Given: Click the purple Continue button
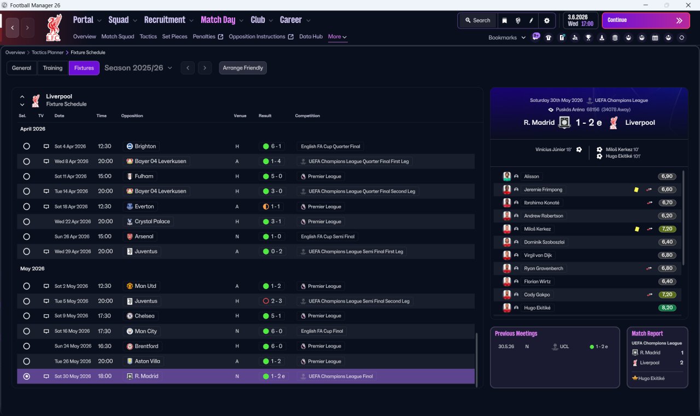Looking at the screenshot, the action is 646,20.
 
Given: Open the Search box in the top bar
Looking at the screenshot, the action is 477,20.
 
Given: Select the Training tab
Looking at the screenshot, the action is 52,68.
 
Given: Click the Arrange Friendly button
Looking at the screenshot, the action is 243,68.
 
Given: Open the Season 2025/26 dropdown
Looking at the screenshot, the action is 138,68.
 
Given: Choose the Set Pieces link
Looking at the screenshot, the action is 174,37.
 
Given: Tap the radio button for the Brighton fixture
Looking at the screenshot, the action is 27,146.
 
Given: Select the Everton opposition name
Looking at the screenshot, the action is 144,206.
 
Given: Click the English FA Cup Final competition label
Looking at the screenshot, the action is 322,331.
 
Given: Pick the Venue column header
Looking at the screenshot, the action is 240,115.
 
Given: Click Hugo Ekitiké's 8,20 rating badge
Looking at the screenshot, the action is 667,308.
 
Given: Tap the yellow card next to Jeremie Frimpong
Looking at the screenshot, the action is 636,189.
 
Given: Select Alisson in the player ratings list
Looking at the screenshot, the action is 531,176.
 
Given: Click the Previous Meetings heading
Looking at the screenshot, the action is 516,333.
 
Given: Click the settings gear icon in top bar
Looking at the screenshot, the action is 546,21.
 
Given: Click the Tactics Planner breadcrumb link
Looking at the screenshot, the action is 48,52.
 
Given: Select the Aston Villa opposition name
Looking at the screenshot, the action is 147,361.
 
